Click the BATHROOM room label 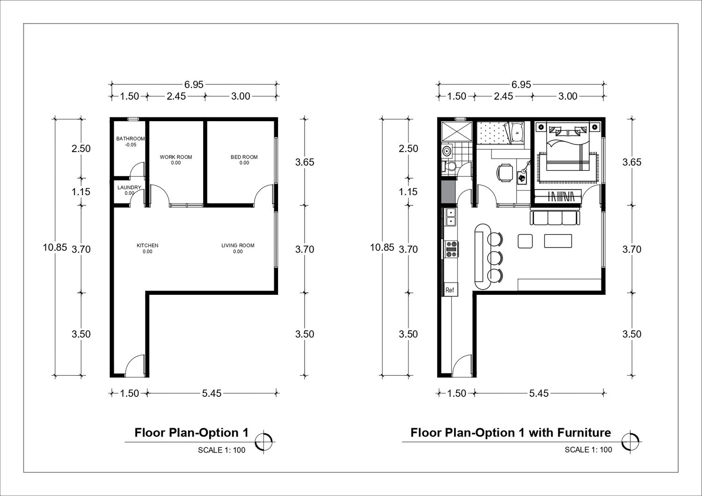[x=131, y=139]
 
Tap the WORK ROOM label [x=176, y=157]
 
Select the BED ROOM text [x=244, y=157]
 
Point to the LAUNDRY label [x=129, y=187]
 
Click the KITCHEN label [x=147, y=245]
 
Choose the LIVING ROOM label [x=238, y=245]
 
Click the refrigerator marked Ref [x=450, y=290]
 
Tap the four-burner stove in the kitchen [x=451, y=249]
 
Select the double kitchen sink [x=451, y=217]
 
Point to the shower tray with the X [x=456, y=132]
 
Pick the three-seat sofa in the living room [x=554, y=218]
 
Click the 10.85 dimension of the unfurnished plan [x=55, y=248]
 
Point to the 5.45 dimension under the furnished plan [x=539, y=393]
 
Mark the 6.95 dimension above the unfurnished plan [x=194, y=85]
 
